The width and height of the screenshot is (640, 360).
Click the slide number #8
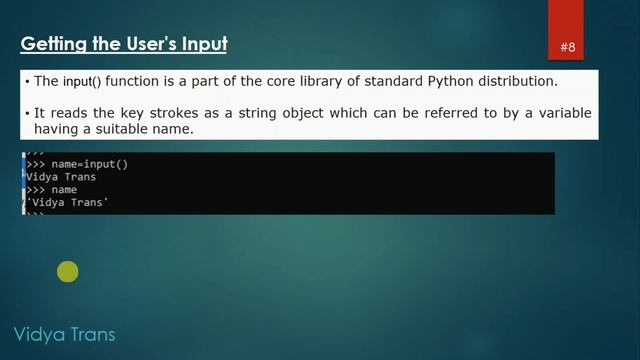568,47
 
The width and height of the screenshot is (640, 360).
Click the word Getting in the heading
49,44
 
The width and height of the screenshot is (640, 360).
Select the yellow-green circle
68,271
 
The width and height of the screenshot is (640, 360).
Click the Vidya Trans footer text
64,334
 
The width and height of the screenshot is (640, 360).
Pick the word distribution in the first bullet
516,81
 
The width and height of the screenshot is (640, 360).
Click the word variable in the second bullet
561,112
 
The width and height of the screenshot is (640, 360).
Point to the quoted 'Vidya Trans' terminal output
67,203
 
